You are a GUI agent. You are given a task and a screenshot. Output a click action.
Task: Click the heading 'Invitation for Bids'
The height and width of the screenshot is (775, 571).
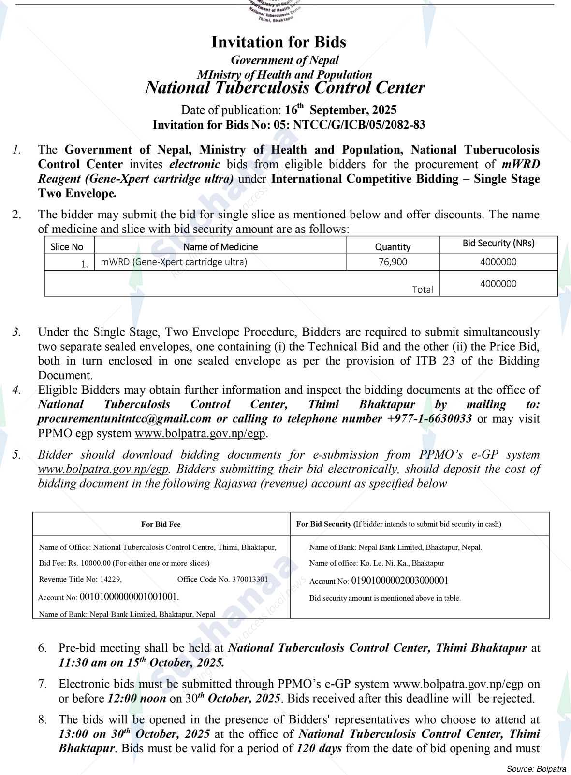click(x=278, y=42)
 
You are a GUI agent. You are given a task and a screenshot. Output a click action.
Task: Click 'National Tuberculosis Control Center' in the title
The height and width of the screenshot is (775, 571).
click(x=285, y=88)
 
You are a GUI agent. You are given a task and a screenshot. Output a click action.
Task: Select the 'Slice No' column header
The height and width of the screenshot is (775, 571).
click(x=67, y=247)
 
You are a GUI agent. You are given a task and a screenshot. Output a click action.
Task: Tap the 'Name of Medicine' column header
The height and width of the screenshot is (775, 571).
click(x=220, y=247)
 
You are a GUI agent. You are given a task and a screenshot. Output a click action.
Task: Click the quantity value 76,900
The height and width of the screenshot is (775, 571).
click(x=393, y=262)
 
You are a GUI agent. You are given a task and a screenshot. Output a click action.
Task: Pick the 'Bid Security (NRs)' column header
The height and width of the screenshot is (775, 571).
click(x=498, y=243)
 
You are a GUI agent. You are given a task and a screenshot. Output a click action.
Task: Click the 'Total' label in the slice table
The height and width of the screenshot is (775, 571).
click(x=422, y=289)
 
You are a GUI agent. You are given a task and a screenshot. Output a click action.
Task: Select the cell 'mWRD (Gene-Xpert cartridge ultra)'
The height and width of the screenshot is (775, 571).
click(x=174, y=262)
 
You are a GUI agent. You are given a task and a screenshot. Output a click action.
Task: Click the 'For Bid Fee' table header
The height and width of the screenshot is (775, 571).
click(x=161, y=524)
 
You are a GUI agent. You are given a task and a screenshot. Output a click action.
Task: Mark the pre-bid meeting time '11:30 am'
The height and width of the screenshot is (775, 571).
click(x=83, y=662)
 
